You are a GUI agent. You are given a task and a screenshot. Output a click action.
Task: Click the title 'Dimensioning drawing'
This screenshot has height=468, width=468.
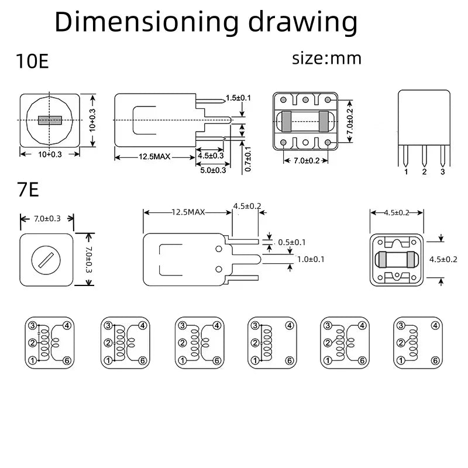205,22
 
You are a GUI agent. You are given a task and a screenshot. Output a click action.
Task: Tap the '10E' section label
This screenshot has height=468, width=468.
33,61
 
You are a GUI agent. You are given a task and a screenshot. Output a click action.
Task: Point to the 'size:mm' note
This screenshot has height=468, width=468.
326,58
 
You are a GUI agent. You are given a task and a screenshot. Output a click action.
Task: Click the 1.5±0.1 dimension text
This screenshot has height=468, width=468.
238,98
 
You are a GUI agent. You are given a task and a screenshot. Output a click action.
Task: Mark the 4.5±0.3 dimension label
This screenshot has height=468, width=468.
211,156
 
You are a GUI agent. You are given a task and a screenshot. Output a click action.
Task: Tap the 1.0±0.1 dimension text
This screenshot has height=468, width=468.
311,259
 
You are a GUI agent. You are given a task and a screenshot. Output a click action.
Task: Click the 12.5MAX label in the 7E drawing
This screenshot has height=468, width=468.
188,212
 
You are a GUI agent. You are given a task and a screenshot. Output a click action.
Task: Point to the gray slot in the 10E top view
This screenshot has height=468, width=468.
50,121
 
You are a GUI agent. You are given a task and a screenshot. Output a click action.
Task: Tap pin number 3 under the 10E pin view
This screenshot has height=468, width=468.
442,172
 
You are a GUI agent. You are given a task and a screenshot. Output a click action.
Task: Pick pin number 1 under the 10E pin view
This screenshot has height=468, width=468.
406,172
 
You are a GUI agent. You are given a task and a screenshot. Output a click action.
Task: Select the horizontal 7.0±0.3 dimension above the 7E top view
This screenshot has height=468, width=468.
47,219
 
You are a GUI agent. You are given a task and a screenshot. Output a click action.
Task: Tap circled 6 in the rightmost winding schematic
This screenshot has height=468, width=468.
436,360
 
